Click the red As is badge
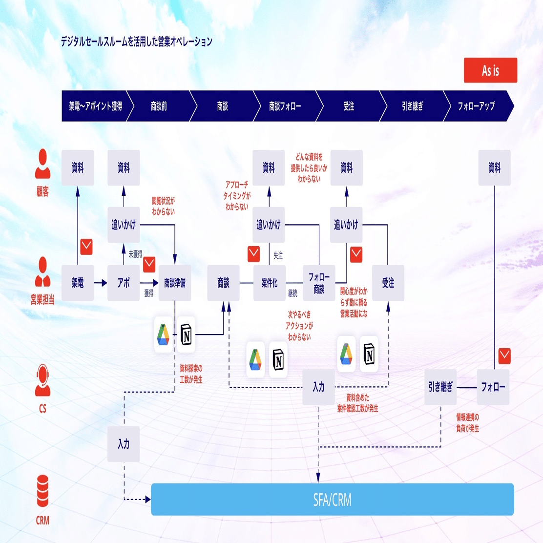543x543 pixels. click(490, 70)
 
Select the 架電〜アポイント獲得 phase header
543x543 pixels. click(95, 106)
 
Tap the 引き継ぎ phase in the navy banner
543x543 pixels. click(413, 106)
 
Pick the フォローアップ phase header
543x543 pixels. click(477, 106)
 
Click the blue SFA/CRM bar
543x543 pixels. click(333, 500)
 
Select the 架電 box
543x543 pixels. click(78, 283)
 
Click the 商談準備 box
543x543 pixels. click(175, 283)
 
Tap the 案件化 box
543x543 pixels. click(270, 283)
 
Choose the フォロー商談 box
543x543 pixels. click(319, 283)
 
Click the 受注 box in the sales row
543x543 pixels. click(388, 283)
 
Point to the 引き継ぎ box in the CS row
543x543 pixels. click(440, 387)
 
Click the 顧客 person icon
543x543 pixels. click(42, 164)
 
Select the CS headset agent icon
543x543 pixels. click(42, 380)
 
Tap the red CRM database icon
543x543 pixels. click(42, 491)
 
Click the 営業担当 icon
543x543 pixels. click(42, 272)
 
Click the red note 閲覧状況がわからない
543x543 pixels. click(164, 206)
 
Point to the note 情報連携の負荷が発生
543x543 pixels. click(467, 423)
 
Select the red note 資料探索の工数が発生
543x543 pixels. click(191, 374)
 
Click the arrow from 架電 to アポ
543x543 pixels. click(101, 283)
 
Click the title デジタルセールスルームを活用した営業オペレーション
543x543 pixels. click(136, 42)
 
